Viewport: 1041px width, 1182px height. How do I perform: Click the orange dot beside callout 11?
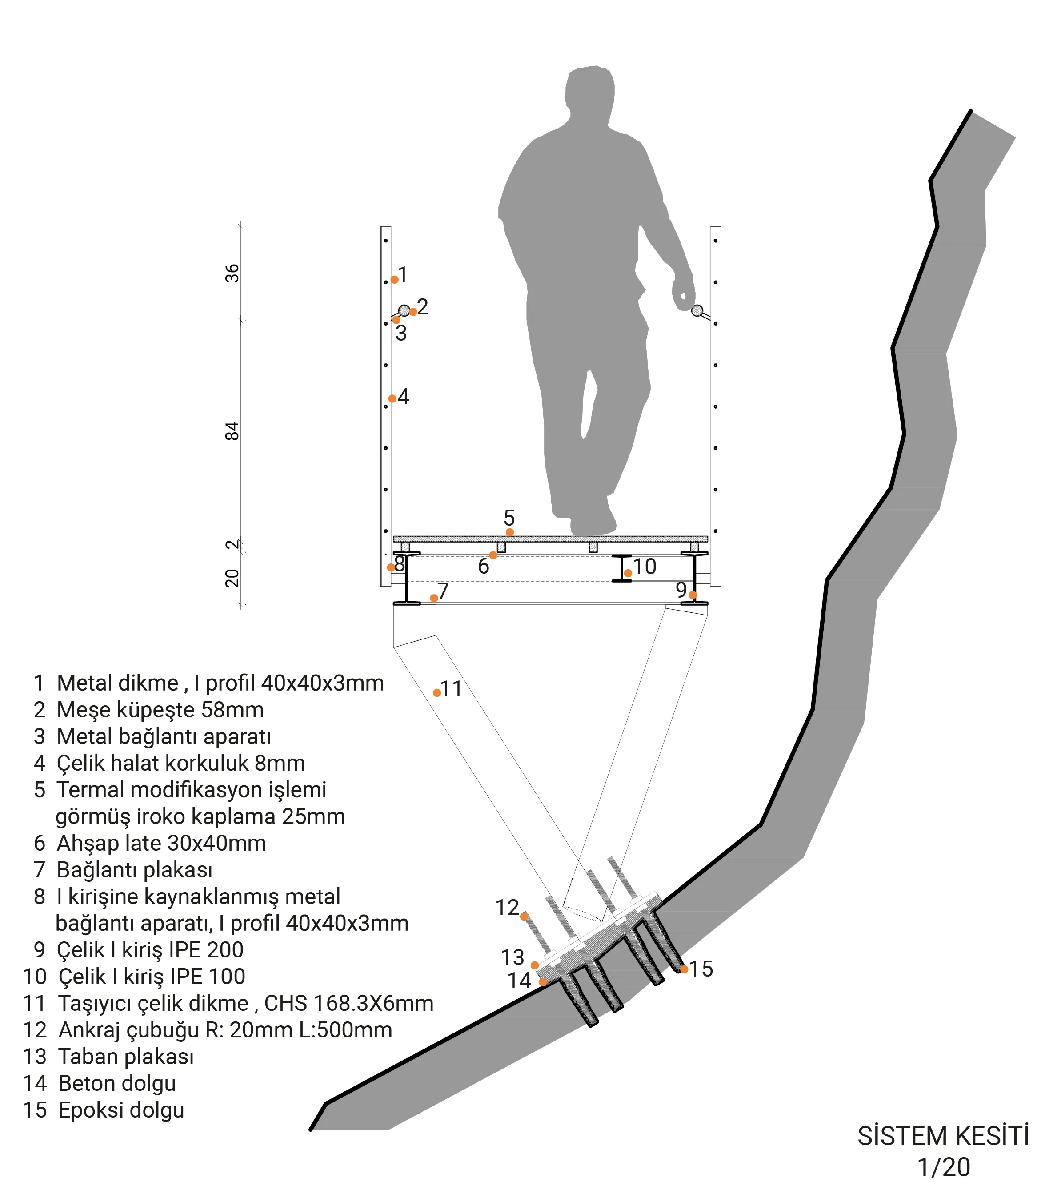pos(437,692)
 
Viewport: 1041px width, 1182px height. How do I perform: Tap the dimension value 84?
pos(232,431)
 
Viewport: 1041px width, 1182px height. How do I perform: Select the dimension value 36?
pos(232,273)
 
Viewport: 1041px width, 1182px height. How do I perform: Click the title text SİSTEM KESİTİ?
pos(943,1136)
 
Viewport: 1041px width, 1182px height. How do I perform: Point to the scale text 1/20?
pos(943,1167)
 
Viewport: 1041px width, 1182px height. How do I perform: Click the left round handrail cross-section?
pos(404,310)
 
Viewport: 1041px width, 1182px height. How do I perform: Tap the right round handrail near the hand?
pos(697,310)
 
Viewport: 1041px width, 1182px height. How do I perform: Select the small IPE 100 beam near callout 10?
pos(621,568)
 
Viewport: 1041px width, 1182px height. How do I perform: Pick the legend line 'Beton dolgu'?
pos(117,1083)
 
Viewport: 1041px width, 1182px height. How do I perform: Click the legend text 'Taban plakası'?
pos(125,1057)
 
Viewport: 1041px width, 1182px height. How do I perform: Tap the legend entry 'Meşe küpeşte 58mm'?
pos(160,710)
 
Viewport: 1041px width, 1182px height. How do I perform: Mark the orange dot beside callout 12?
pos(524,916)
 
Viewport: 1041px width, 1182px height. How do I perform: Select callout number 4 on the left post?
pos(404,397)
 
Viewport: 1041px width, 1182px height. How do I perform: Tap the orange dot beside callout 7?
pos(434,598)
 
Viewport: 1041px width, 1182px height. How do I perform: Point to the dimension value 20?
pos(232,578)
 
